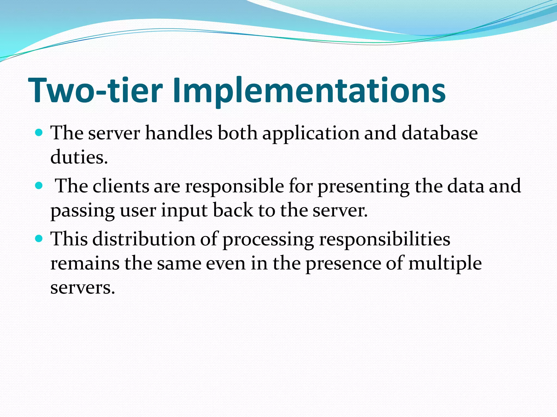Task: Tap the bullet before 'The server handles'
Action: pyautogui.click(x=39, y=133)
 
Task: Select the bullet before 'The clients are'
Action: pyautogui.click(x=39, y=186)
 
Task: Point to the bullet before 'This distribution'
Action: pyautogui.click(x=39, y=239)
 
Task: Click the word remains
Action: pyautogui.click(x=85, y=263)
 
